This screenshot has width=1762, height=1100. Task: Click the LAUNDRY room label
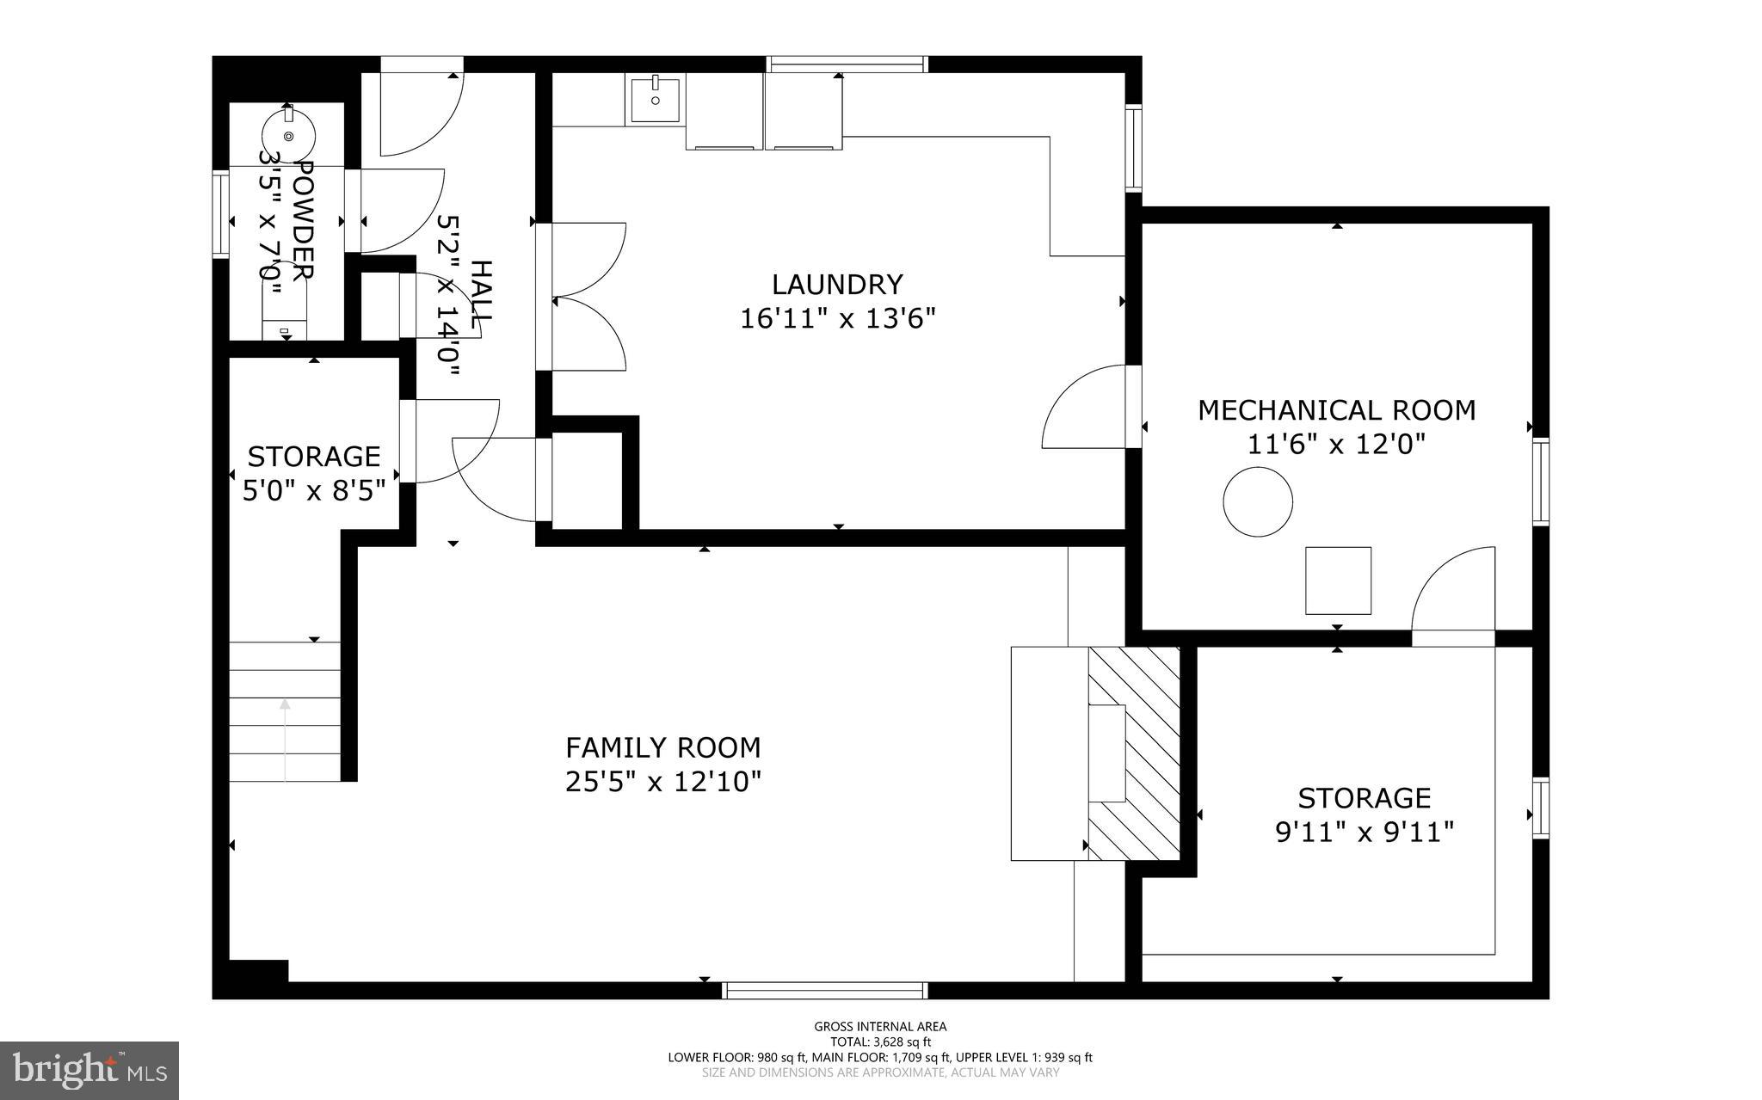point(836,284)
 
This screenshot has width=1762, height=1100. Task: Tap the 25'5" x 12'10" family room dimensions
point(662,782)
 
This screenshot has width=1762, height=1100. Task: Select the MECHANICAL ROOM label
point(1336,410)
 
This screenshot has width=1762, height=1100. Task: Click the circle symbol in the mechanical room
point(1258,502)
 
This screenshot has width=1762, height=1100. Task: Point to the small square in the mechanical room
point(1338,581)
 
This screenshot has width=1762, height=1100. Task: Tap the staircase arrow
point(285,740)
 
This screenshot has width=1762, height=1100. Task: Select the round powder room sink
point(288,134)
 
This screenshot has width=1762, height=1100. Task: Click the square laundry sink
point(656,99)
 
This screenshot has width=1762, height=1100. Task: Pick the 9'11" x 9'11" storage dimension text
point(1364,833)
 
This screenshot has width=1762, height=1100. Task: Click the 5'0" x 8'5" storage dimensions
point(313,491)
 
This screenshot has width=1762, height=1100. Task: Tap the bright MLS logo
point(89,1070)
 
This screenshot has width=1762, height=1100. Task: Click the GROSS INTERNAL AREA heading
point(880,1026)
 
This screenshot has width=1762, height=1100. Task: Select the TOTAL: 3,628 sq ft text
point(880,1042)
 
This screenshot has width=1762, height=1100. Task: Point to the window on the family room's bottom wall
point(825,990)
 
